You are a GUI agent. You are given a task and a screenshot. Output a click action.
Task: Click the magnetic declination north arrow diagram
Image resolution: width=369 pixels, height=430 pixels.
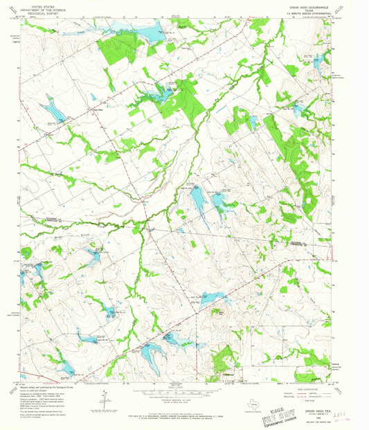(105, 400)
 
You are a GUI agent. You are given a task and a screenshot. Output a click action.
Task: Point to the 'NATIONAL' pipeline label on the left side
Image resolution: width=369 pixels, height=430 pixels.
(42, 220)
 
